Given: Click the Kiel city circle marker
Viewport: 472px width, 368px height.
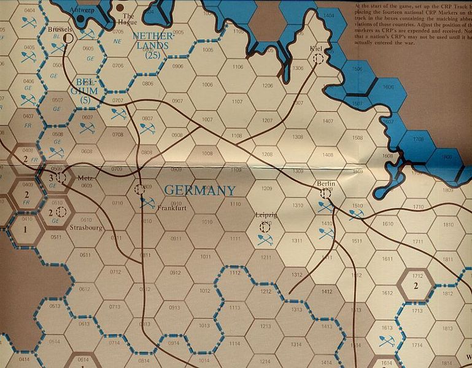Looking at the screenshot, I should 319,59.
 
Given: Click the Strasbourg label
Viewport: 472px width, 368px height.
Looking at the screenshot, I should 86,233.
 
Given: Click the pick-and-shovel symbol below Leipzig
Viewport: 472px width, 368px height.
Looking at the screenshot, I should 265,240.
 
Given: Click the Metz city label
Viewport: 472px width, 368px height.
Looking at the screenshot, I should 85,178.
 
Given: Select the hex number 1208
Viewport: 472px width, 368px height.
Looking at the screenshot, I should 266,155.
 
